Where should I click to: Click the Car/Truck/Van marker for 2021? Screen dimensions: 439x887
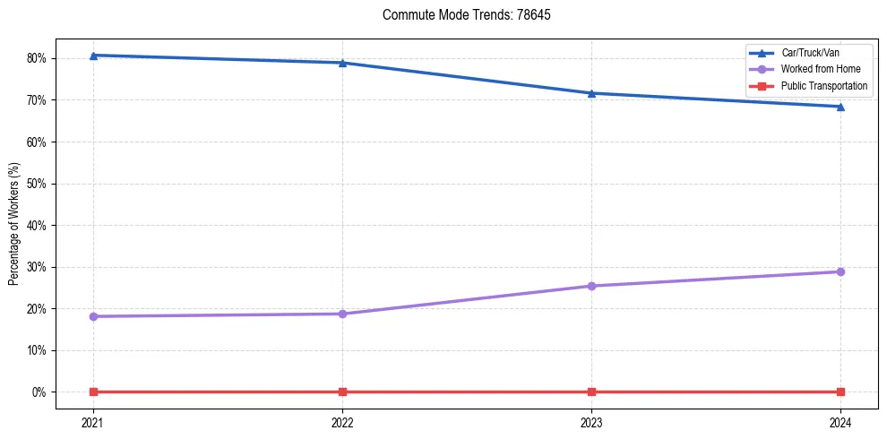(x=93, y=56)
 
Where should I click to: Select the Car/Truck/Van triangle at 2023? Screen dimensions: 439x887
(x=591, y=93)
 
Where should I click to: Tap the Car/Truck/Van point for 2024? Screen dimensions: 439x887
(x=840, y=107)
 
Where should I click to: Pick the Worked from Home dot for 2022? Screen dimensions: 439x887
(x=342, y=314)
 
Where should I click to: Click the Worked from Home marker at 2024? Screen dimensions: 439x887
(x=840, y=271)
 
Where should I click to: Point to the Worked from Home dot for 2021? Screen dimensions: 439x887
(x=93, y=316)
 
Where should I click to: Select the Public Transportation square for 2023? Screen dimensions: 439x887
(x=591, y=392)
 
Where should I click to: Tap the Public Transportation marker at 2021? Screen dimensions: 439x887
(x=93, y=392)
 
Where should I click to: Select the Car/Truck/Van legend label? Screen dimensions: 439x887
(x=810, y=53)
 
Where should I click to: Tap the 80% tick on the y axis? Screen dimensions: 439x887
(x=37, y=59)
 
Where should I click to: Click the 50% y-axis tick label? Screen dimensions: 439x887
(x=37, y=184)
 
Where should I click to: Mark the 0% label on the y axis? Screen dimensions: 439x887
(x=39, y=392)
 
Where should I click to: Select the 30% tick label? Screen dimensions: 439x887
(x=37, y=267)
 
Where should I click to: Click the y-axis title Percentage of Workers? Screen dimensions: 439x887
(x=14, y=224)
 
